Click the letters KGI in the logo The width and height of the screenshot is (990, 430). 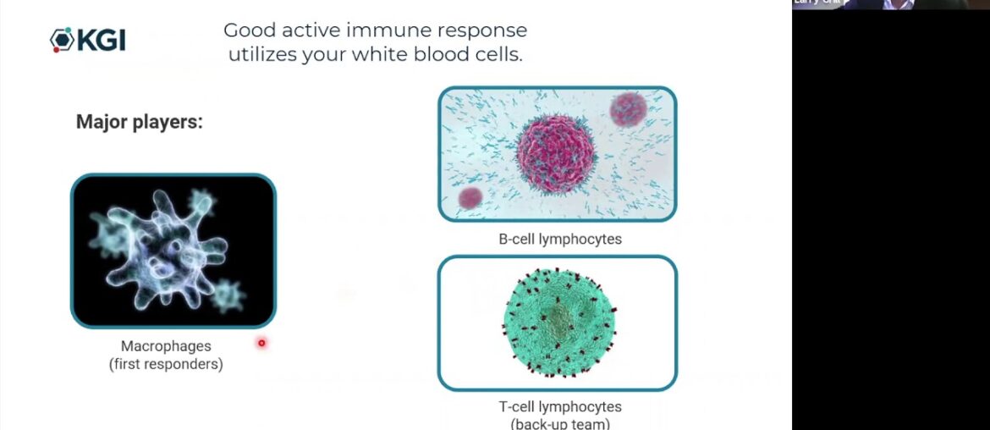101,40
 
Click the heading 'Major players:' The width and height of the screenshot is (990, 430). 140,122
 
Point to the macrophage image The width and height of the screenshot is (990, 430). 173,251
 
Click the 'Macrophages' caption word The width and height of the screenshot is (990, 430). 166,346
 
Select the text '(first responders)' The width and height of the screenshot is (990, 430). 166,365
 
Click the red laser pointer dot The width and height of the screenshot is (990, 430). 261,343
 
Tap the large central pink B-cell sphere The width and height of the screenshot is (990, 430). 555,154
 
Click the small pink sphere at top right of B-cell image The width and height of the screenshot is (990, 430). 628,108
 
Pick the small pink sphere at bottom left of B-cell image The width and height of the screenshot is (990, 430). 470,198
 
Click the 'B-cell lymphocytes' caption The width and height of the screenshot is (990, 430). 559,239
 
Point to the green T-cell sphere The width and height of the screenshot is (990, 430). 559,322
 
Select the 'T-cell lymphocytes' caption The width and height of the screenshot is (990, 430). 559,407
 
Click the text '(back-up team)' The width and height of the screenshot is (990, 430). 559,423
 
